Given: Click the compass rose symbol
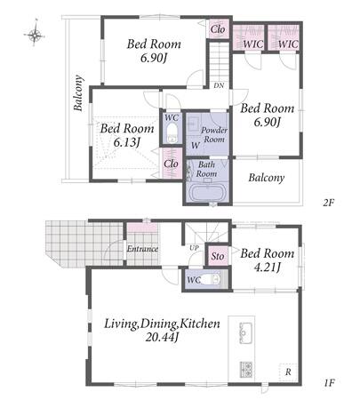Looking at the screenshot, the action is point(35,35).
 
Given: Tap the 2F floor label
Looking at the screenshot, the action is point(328,203).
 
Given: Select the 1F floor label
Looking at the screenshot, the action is point(329,383).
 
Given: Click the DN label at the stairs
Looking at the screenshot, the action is point(219,85).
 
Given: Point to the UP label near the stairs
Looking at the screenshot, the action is point(194,248).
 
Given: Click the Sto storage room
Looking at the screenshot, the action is point(218,256).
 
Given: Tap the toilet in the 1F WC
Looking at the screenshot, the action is point(212,279).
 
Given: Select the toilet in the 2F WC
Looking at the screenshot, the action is point(172,132).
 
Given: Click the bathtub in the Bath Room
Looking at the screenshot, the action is point(207,193).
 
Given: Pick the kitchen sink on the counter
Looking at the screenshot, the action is point(245,332).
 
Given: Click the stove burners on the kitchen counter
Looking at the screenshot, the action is point(246,369).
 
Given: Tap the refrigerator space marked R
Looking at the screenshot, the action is point(288,372).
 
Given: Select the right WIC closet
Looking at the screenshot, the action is point(284,38).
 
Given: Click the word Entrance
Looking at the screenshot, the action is point(142,249).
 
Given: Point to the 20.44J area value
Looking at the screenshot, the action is point(162,337).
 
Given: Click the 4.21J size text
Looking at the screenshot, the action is point(267,268).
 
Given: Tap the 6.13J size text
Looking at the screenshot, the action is point(126,142).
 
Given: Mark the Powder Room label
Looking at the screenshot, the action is point(214,135).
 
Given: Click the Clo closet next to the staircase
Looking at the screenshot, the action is point(218,29).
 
